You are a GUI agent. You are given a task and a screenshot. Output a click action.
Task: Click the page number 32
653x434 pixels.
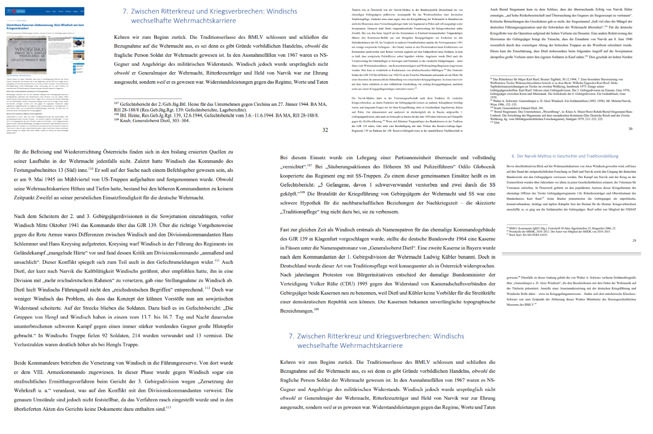click(x=325, y=130)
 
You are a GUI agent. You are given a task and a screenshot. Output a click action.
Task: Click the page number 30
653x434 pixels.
click(x=630, y=129)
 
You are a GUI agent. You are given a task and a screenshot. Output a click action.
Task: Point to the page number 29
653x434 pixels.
click(x=634, y=240)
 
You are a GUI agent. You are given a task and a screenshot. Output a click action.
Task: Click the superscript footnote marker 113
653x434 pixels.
click(x=169, y=407)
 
